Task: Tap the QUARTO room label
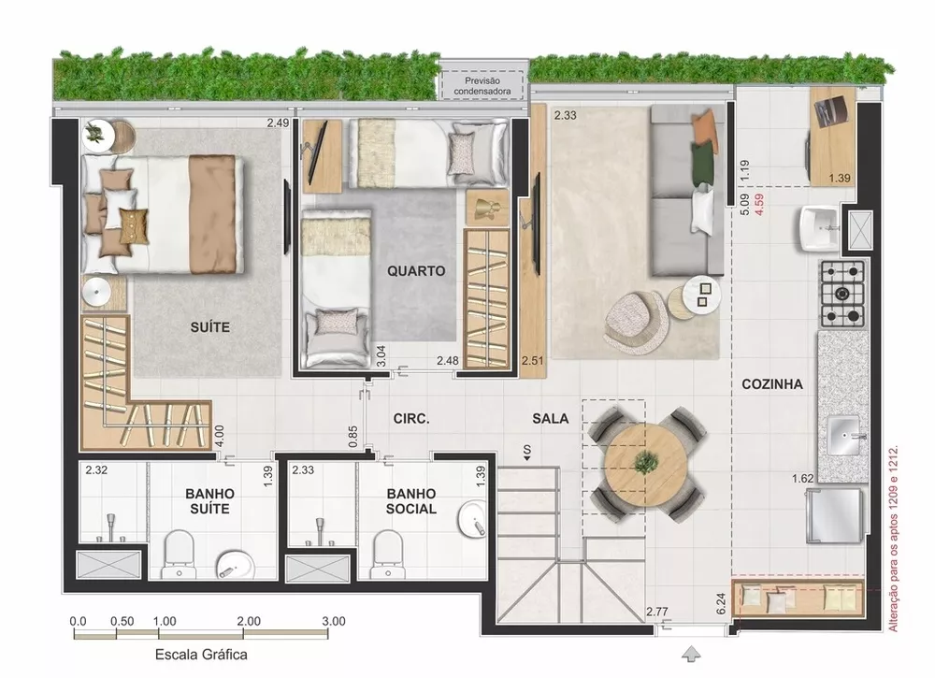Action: (x=416, y=272)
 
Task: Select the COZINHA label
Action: (x=772, y=383)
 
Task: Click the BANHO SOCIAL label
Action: (x=411, y=500)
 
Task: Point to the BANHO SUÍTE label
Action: (x=209, y=500)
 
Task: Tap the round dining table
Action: (x=645, y=461)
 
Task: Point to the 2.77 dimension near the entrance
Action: (x=657, y=613)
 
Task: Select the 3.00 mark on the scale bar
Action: (x=333, y=620)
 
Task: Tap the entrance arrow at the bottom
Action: (x=691, y=652)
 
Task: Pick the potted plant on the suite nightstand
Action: (x=94, y=133)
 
